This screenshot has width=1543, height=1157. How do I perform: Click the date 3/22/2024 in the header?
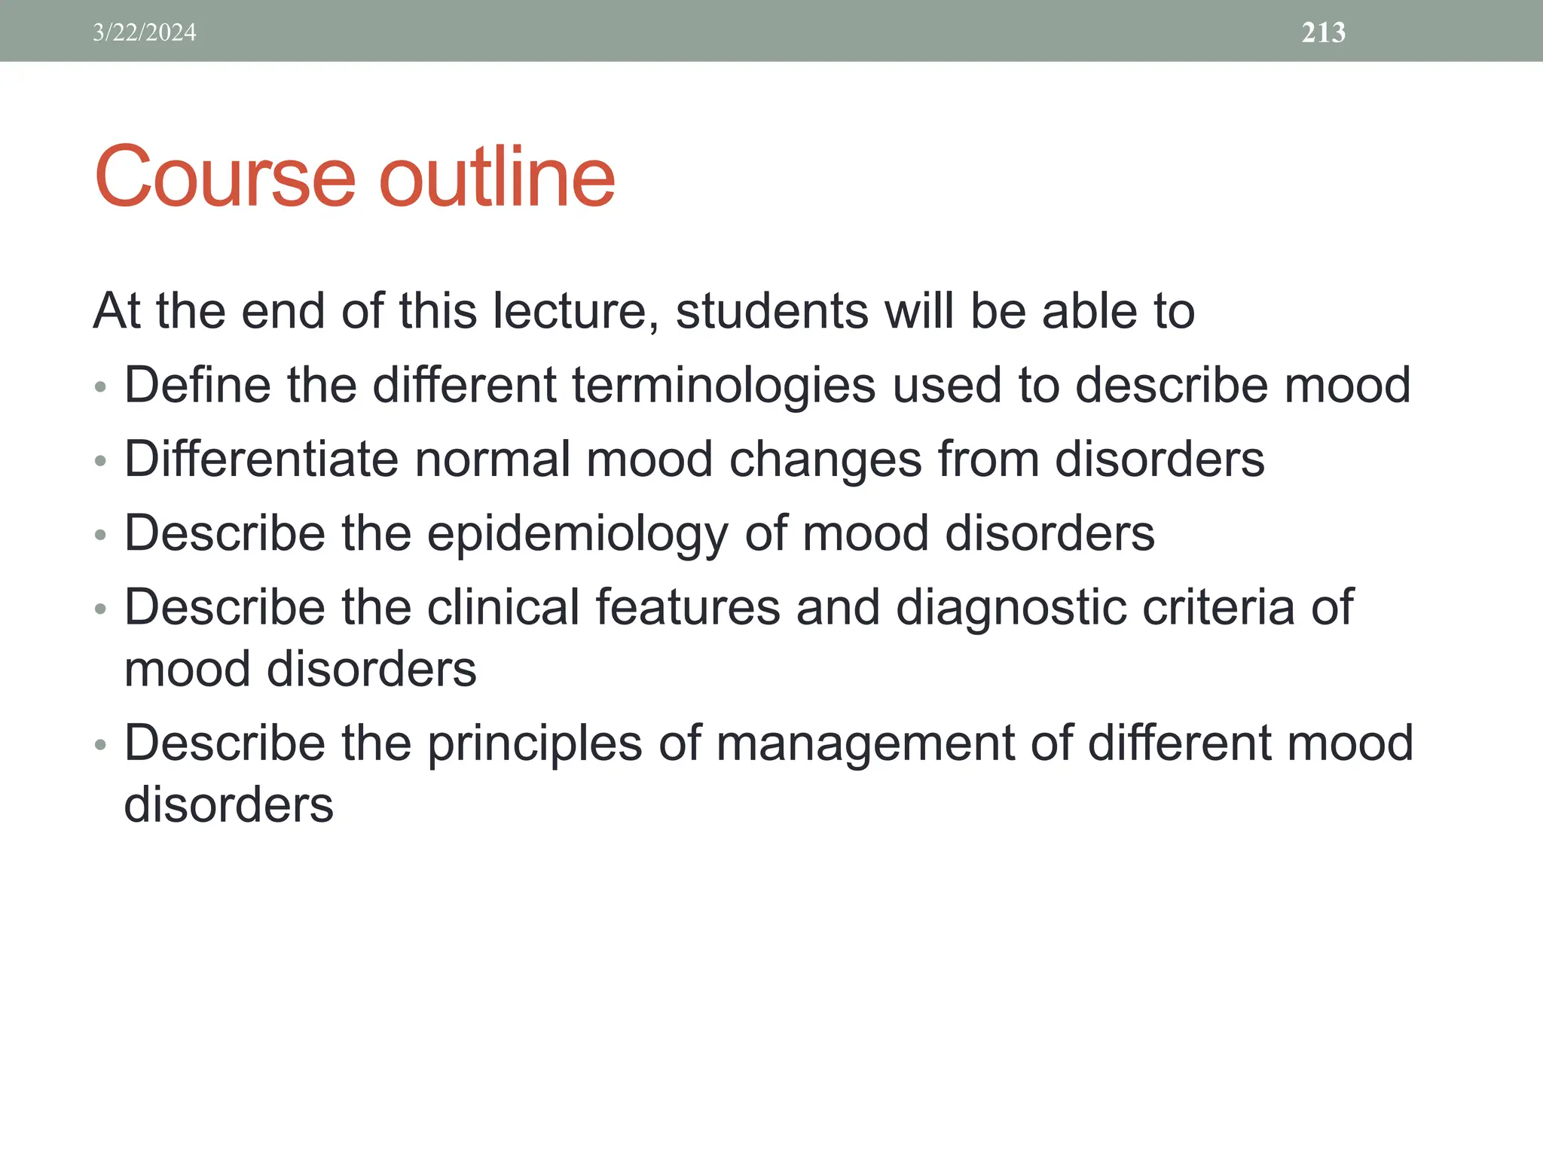pyautogui.click(x=145, y=32)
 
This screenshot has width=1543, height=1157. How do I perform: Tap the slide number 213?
pyautogui.click(x=1323, y=32)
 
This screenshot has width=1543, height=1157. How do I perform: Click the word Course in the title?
pyautogui.click(x=225, y=177)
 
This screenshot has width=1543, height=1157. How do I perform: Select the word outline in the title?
pyautogui.click(x=497, y=177)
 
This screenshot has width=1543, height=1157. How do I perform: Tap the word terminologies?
pyautogui.click(x=723, y=385)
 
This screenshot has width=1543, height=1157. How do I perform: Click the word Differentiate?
pyautogui.click(x=261, y=459)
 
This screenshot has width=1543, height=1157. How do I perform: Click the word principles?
pyautogui.click(x=535, y=743)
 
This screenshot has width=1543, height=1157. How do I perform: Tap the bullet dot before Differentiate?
pyautogui.click(x=100, y=461)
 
